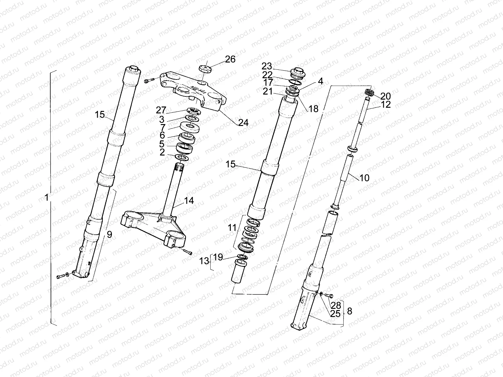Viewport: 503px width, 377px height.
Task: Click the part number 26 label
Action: click(x=230, y=59)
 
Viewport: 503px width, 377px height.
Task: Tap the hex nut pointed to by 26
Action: click(x=204, y=68)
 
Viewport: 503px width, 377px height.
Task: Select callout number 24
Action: click(x=243, y=123)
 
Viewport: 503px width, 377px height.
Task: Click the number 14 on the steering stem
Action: click(x=189, y=200)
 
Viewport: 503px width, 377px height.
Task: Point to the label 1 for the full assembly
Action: click(x=47, y=198)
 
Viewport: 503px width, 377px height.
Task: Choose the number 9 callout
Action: click(x=109, y=234)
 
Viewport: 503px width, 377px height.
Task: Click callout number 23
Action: click(x=267, y=66)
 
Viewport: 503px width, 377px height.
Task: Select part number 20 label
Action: click(x=385, y=96)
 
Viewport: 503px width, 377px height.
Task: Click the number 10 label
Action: click(x=364, y=178)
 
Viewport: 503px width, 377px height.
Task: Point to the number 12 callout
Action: click(x=385, y=105)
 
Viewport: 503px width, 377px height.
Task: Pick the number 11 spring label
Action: click(x=232, y=227)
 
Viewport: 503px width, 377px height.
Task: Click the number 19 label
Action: click(x=218, y=258)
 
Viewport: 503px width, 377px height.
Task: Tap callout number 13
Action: click(x=204, y=261)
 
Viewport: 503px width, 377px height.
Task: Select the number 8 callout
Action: click(x=349, y=311)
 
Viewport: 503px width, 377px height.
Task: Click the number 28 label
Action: click(x=336, y=305)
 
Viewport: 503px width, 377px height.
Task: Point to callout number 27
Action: click(x=161, y=110)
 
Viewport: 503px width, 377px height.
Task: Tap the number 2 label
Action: click(x=162, y=152)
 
